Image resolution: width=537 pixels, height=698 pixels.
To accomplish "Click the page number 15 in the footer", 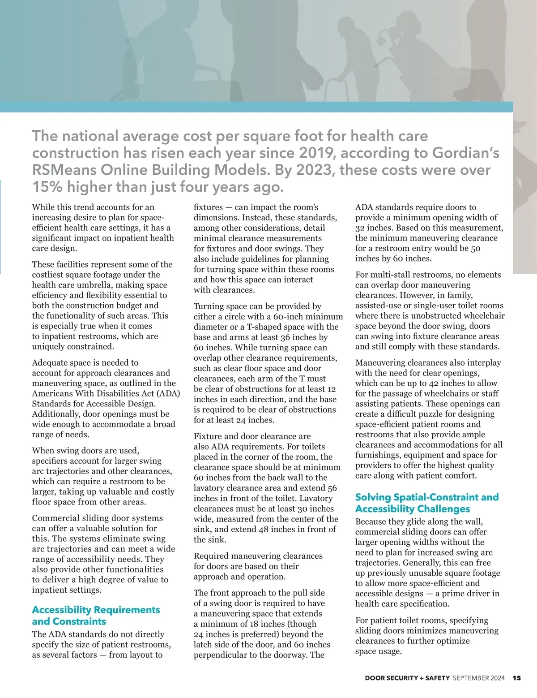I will pos(517,678).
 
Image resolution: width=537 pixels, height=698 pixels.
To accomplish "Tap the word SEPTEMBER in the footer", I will pos(470,678).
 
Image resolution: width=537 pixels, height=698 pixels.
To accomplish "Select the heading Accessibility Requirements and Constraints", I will pos(96,616).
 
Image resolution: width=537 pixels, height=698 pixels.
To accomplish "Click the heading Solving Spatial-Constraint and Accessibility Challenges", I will pos(426,503).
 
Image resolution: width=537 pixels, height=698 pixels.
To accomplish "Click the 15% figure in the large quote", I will pos(48,187).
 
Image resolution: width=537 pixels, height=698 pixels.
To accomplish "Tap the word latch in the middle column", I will pos(204,644).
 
